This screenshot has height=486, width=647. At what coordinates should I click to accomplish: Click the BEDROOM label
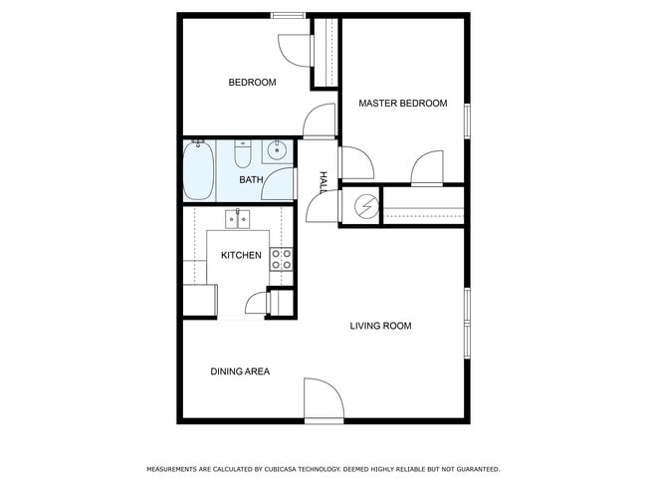tap(252, 83)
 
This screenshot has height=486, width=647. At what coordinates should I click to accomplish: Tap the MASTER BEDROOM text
tap(402, 104)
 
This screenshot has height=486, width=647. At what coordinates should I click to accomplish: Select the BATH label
tap(251, 180)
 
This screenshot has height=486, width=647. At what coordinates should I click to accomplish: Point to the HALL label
tap(323, 182)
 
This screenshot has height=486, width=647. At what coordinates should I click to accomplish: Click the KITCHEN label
tap(241, 256)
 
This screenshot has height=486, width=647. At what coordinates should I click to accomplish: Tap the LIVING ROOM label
tap(380, 326)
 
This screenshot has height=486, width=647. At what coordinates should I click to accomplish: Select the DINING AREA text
tap(240, 371)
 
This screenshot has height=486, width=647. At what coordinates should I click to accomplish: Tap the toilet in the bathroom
tap(243, 155)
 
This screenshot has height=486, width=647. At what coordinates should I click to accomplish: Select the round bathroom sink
tap(276, 152)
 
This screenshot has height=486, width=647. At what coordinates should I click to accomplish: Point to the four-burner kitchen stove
tap(282, 260)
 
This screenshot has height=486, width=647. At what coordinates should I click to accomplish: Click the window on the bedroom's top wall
tap(288, 15)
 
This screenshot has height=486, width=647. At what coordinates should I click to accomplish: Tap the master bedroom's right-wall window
tap(466, 119)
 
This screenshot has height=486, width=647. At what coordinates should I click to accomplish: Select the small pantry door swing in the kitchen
tap(256, 303)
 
